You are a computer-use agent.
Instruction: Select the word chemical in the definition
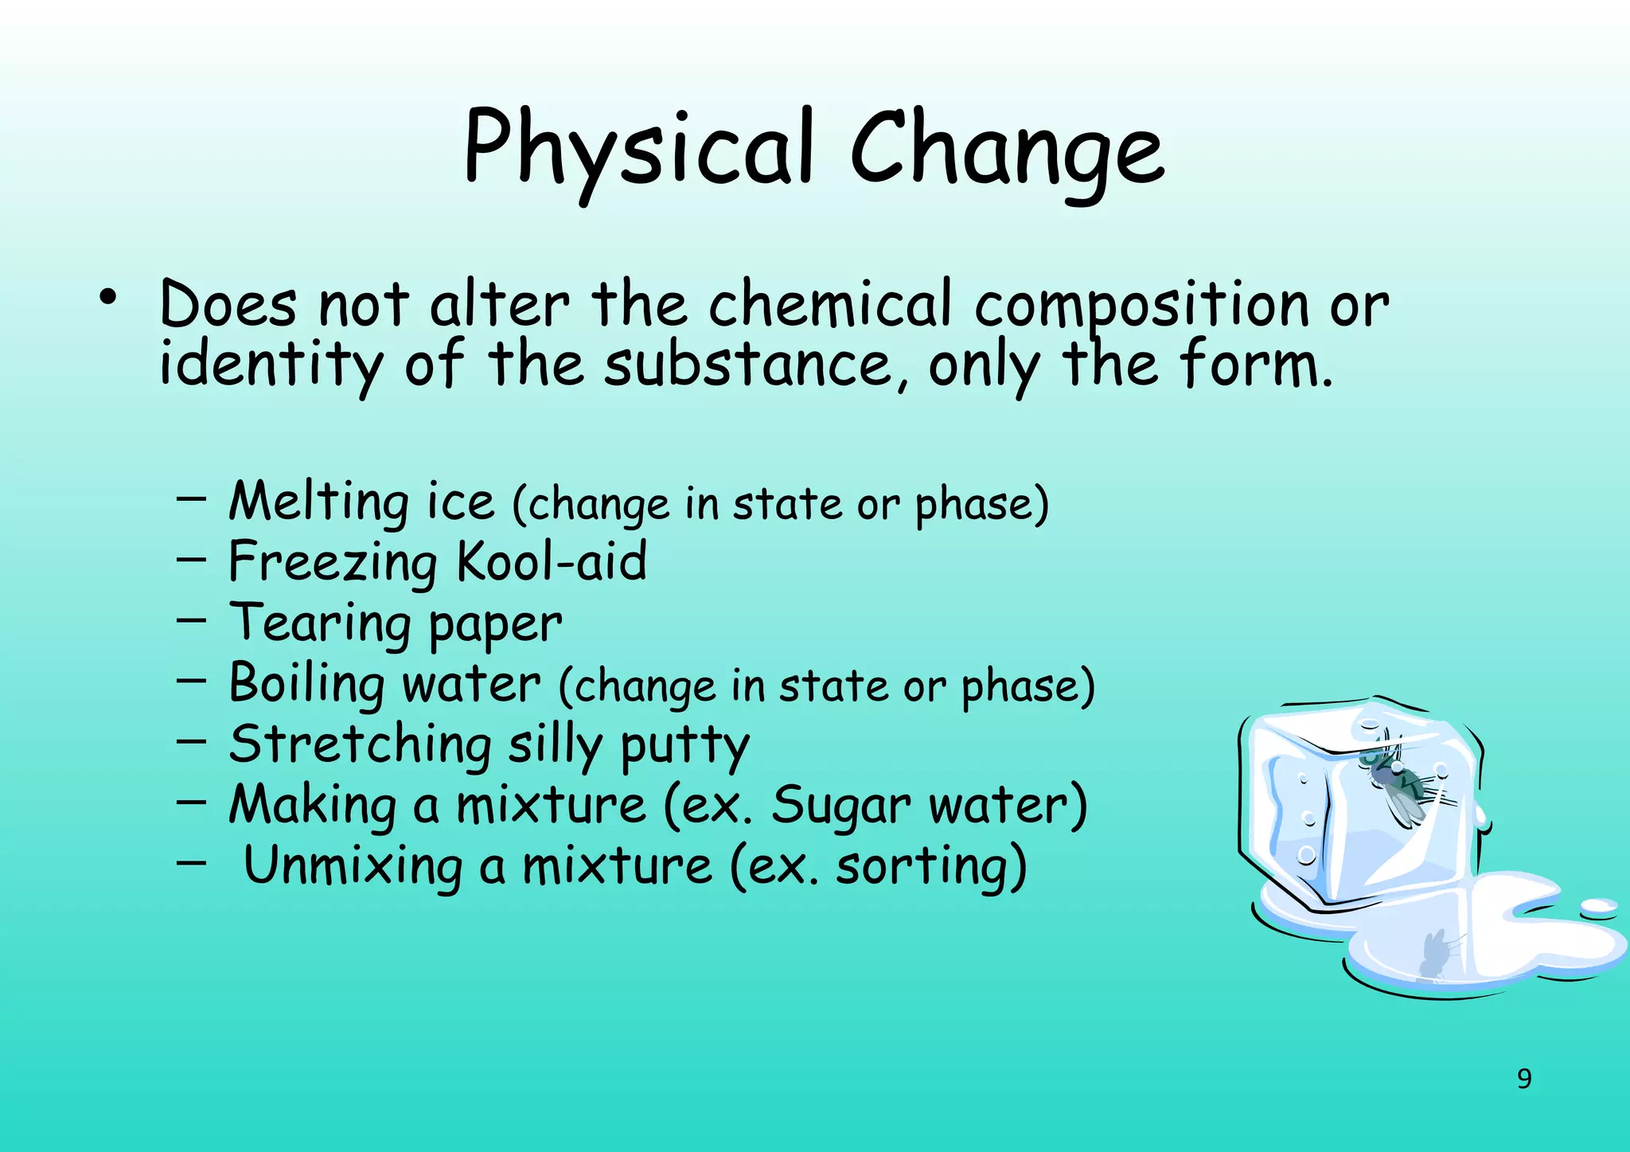click(829, 305)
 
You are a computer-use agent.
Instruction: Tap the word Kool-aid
click(552, 562)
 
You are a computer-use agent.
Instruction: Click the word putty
click(684, 747)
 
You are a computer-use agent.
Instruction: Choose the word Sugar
click(840, 806)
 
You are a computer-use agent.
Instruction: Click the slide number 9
click(1523, 1079)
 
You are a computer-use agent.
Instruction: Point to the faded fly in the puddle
click(1435, 955)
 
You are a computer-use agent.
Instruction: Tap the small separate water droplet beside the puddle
click(1598, 908)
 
